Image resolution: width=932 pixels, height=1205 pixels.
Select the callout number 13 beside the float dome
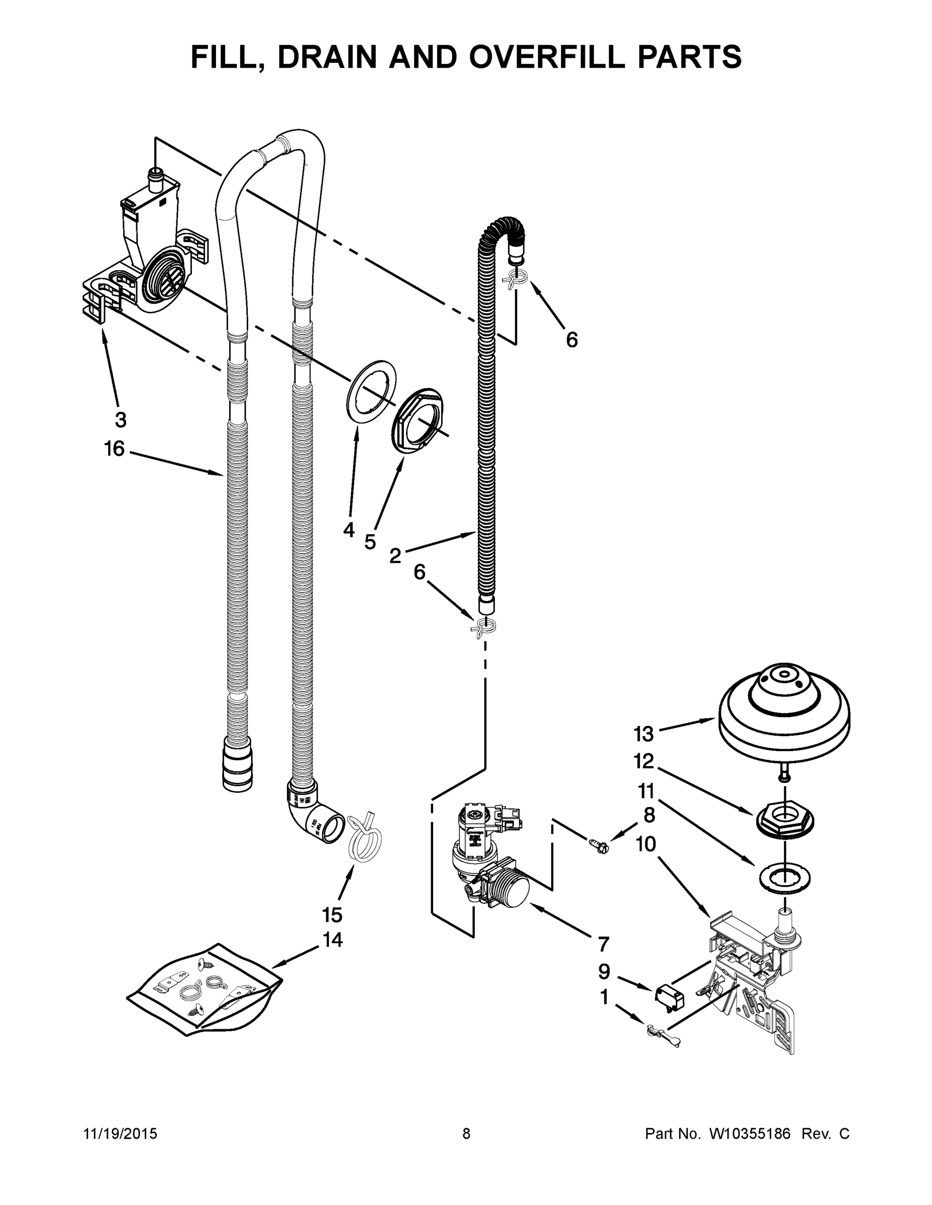(x=644, y=735)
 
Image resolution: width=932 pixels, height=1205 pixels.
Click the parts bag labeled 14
(x=204, y=991)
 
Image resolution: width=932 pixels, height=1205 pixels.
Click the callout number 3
(x=121, y=420)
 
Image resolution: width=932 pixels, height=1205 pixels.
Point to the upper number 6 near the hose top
(x=572, y=340)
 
